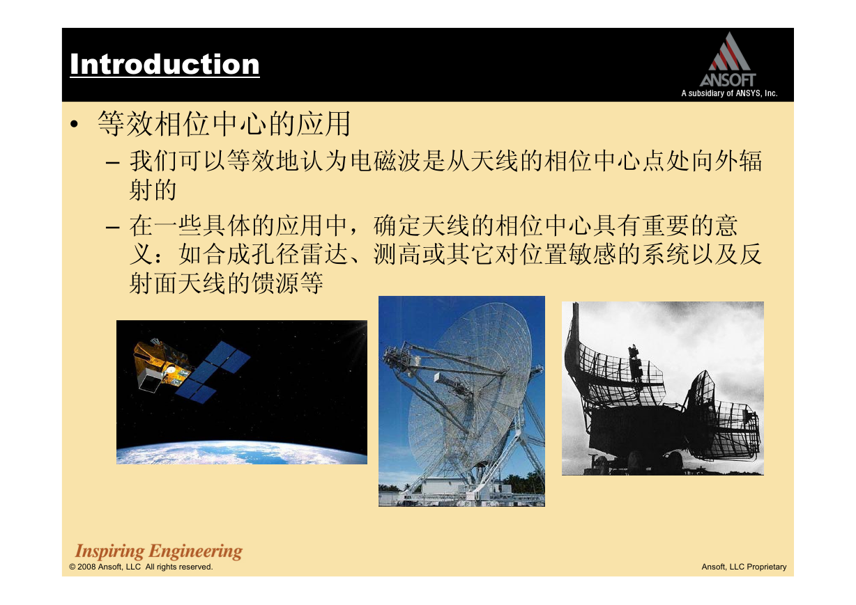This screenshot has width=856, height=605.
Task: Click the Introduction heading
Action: [165, 64]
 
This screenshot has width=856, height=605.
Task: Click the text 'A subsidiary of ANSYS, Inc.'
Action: [729, 93]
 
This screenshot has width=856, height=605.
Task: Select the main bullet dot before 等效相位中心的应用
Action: [74, 124]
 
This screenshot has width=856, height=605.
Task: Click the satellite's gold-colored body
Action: [160, 363]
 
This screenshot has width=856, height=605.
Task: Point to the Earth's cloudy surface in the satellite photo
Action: [241, 453]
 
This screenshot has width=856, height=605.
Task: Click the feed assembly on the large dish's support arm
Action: [402, 359]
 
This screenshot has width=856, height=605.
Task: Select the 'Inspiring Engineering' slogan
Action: [159, 551]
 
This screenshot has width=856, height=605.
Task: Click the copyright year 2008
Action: [86, 567]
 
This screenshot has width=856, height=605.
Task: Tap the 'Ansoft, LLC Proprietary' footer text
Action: [744, 567]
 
